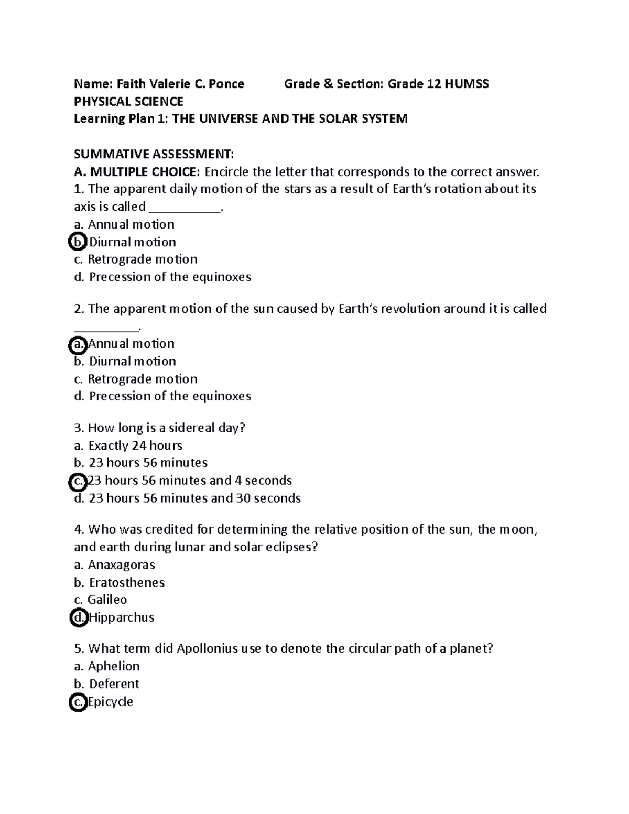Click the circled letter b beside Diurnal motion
(x=78, y=242)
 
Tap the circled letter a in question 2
(x=78, y=344)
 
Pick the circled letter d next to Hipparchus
(x=78, y=617)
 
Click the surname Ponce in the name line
(x=226, y=84)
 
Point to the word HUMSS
(x=467, y=84)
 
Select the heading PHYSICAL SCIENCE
(x=128, y=101)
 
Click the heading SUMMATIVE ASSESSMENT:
(x=154, y=154)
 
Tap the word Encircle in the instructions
(x=226, y=172)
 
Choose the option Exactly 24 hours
(x=135, y=446)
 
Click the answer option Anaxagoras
(x=121, y=565)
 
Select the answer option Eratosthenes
(x=126, y=582)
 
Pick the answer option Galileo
(x=107, y=600)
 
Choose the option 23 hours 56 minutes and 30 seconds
(x=194, y=498)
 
